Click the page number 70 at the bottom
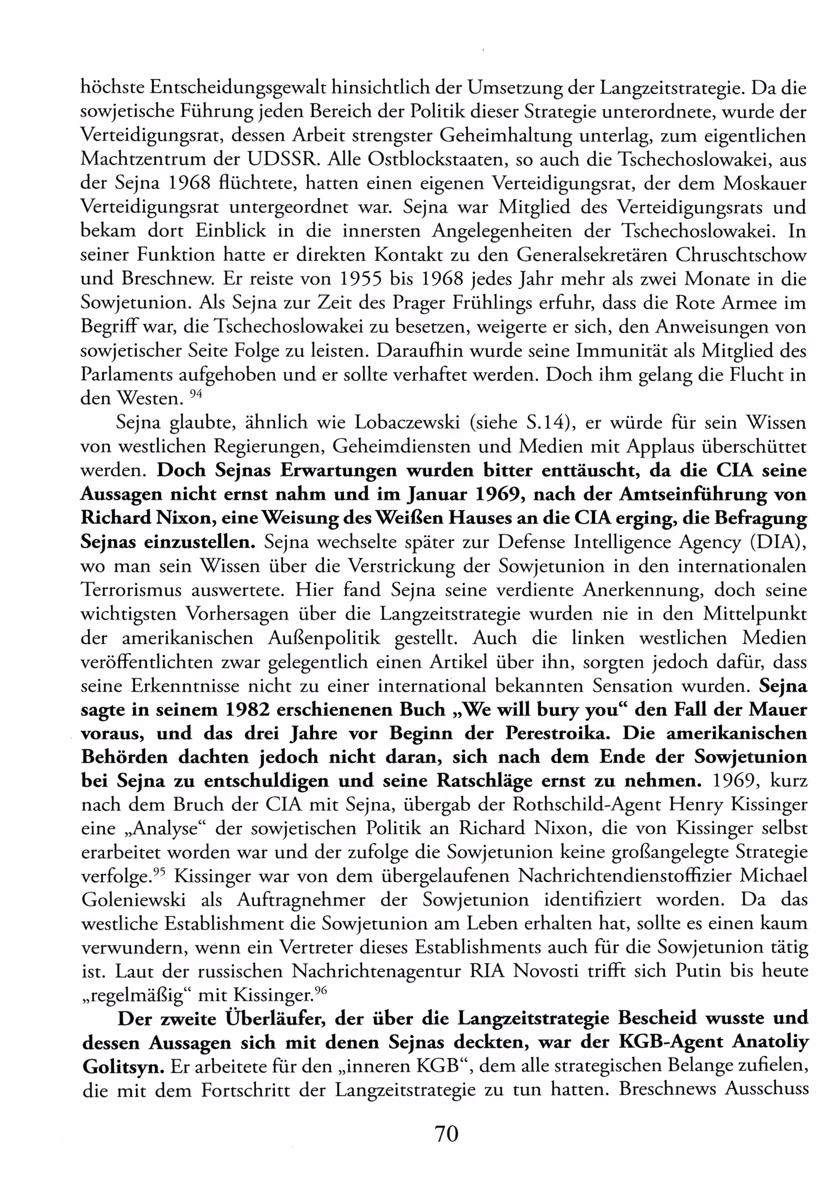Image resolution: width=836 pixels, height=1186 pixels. point(447,1133)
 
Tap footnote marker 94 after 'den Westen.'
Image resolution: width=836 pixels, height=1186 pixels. point(196,394)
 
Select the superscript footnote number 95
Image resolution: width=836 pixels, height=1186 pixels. point(160,872)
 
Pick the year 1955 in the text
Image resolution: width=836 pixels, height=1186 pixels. point(361,279)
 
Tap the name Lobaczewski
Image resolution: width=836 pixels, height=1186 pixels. point(407,423)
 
